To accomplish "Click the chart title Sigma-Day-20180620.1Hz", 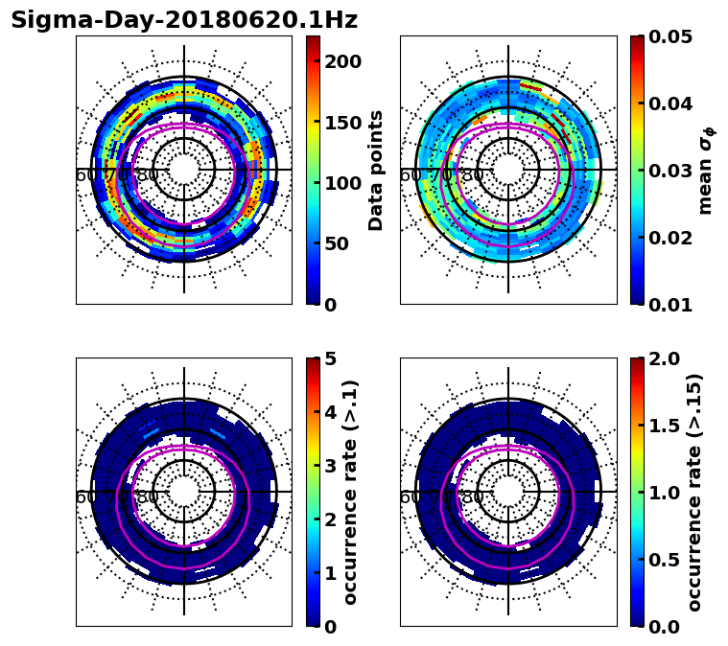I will pyautogui.click(x=183, y=20).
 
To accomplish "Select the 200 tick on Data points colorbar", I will pyautogui.click(x=343, y=61).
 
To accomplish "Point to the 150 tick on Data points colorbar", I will pyautogui.click(x=343, y=122).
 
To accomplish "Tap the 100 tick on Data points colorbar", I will pyautogui.click(x=343, y=183).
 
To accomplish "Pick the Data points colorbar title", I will pyautogui.click(x=376, y=170).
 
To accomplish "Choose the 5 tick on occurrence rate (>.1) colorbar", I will pyautogui.click(x=330, y=358).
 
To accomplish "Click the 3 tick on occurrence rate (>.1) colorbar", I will pyautogui.click(x=330, y=466).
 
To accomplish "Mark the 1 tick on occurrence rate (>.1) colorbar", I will pyautogui.click(x=330, y=573).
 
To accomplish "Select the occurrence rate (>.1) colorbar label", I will pyautogui.click(x=351, y=492).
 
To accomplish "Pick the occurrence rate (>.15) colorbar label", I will pyautogui.click(x=694, y=492).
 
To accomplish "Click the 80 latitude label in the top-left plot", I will pyautogui.click(x=148, y=175).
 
